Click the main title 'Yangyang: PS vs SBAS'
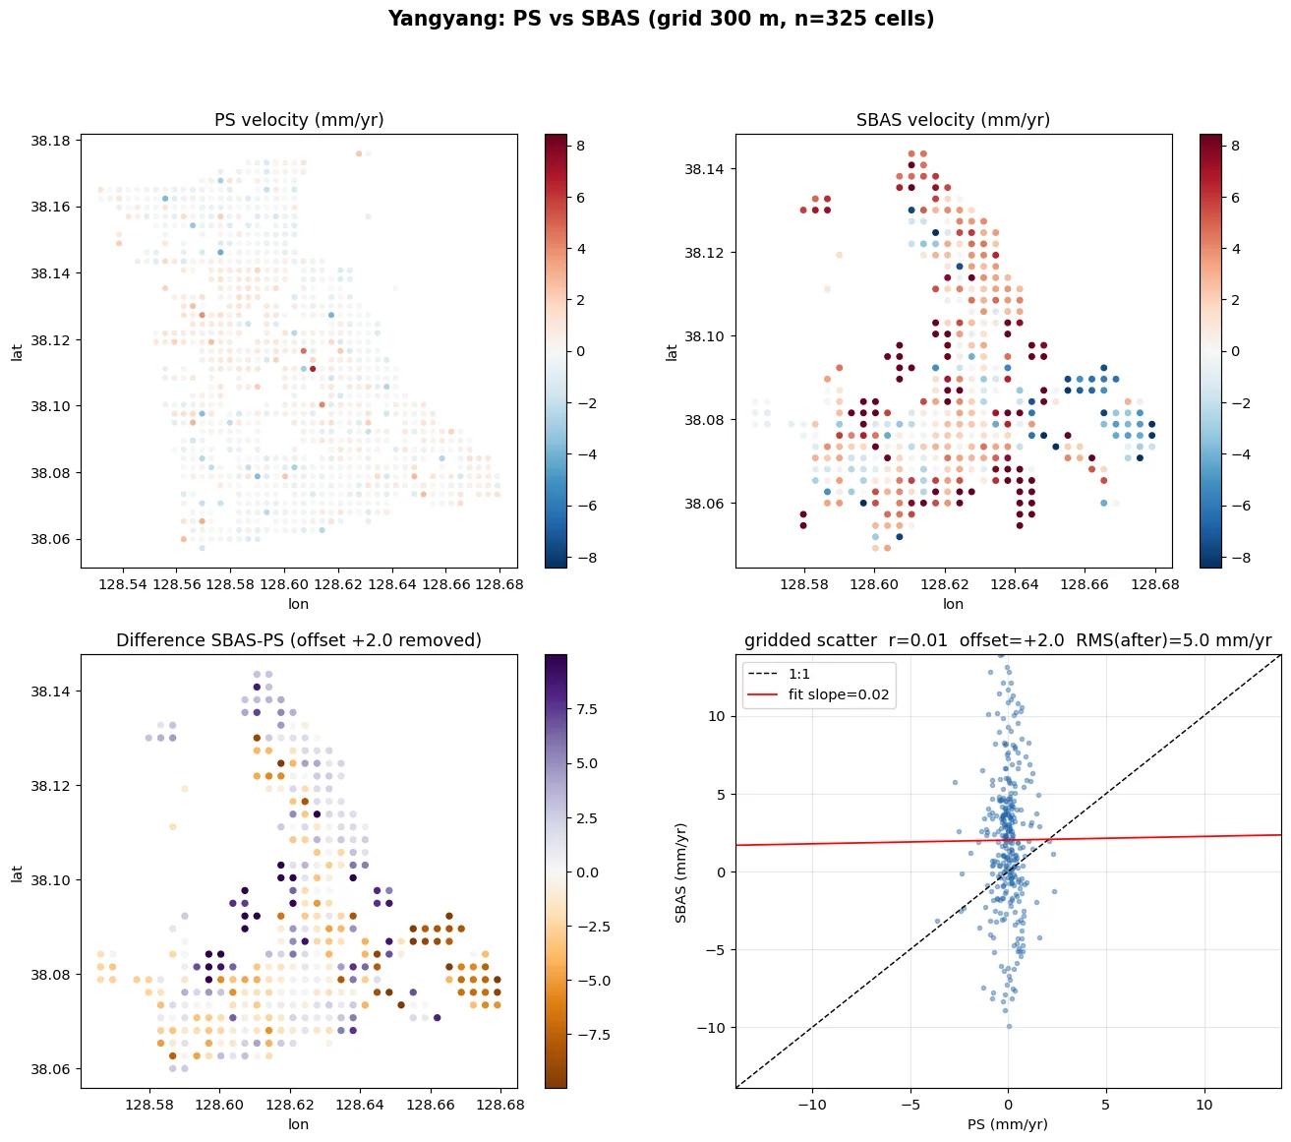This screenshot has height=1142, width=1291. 513,19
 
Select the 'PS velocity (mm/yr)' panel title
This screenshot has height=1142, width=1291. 299,119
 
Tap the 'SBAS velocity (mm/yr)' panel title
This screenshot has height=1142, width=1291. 953,119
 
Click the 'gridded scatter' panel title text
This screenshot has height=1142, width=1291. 810,640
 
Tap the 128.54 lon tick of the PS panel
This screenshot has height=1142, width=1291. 122,584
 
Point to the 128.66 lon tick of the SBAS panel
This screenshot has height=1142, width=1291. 1084,584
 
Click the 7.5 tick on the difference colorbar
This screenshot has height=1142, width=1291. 587,709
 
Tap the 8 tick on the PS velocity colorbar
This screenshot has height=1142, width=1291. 580,146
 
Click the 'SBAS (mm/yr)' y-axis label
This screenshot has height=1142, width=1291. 680,872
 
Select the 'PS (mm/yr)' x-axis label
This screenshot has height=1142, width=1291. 1008,1123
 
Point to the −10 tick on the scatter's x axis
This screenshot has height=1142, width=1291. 811,1104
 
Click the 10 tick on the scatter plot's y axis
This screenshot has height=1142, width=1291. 716,716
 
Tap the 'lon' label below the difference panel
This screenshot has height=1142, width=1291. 298,1123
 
